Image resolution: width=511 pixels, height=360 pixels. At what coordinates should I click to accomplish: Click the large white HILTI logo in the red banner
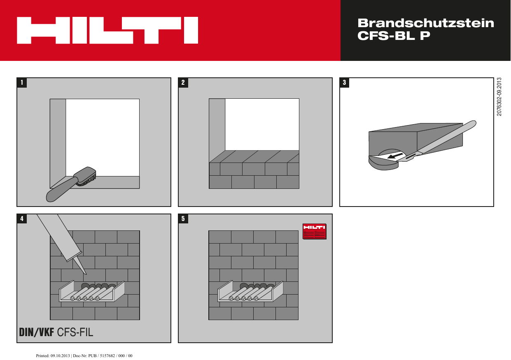point(107,30)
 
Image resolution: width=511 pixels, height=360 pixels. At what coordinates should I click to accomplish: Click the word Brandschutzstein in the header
point(426,23)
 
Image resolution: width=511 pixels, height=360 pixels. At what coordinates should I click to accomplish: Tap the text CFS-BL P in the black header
point(394,36)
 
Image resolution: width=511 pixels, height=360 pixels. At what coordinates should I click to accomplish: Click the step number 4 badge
point(22,219)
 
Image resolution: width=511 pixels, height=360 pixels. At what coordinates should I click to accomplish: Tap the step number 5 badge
point(183,219)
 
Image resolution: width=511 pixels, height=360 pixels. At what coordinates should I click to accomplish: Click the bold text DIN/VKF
point(36,332)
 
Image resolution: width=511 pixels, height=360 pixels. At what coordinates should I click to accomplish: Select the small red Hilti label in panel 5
point(314,231)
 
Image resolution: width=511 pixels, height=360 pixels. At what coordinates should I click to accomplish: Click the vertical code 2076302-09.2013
point(499,97)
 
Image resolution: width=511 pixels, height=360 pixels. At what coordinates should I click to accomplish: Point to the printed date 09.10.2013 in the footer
point(61,355)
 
